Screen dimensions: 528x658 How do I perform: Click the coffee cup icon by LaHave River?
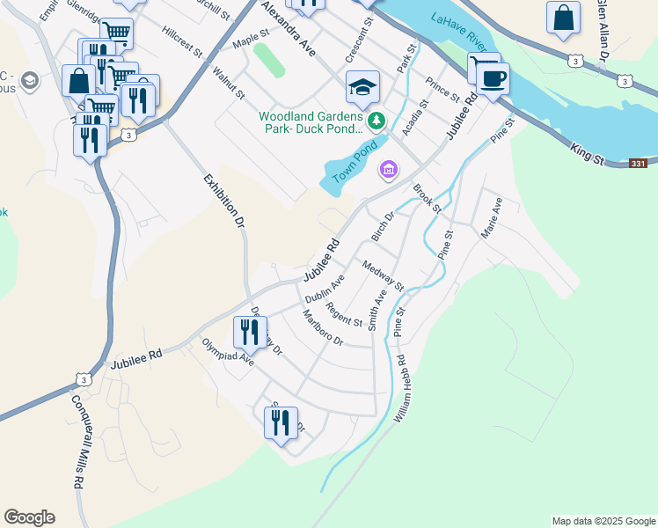coord(493,78)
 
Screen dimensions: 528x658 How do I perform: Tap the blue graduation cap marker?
coord(362,88)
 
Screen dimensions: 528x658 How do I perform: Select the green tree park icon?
coord(377,120)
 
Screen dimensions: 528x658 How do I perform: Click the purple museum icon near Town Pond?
coord(387,169)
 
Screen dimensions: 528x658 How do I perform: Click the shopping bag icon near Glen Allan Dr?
coord(563,18)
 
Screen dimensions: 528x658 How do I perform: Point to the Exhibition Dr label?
coord(223,202)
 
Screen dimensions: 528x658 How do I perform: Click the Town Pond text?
coord(355,162)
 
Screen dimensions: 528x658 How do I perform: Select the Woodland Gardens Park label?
coord(310,122)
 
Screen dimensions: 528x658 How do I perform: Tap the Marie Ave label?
coord(490,217)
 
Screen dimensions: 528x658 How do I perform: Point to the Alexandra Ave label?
coord(288,31)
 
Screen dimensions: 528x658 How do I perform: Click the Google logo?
coord(29,517)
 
